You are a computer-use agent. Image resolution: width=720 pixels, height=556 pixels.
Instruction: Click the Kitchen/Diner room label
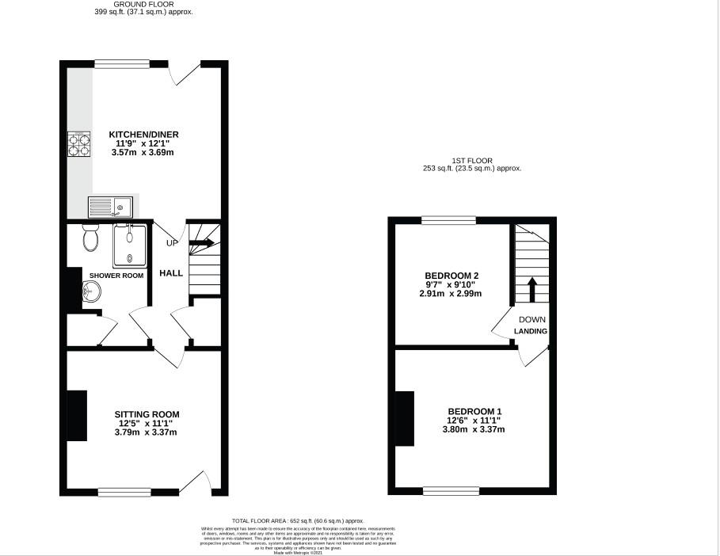(x=141, y=135)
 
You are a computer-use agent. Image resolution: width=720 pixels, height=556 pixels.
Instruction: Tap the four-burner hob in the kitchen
(x=78, y=144)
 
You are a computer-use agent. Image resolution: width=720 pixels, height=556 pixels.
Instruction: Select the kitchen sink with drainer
(x=110, y=207)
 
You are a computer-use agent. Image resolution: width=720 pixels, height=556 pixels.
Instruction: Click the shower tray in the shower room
(x=129, y=246)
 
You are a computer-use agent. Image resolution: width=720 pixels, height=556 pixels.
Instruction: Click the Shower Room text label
(x=116, y=276)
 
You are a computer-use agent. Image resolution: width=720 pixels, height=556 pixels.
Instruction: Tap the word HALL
(x=171, y=273)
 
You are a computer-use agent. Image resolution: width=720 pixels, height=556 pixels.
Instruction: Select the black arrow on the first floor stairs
(x=532, y=288)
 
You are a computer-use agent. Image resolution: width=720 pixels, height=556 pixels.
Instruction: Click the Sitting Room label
(x=147, y=414)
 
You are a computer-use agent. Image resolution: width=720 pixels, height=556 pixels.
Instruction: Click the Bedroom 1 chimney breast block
(x=405, y=418)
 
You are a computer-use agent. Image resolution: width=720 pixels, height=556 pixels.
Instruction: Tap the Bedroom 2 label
(x=451, y=276)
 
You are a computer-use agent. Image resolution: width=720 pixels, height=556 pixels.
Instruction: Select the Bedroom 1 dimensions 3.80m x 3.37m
(x=474, y=430)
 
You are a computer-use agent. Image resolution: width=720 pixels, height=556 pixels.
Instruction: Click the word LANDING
(x=531, y=331)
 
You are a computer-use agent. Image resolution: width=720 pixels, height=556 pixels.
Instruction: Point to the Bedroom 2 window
(x=448, y=221)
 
